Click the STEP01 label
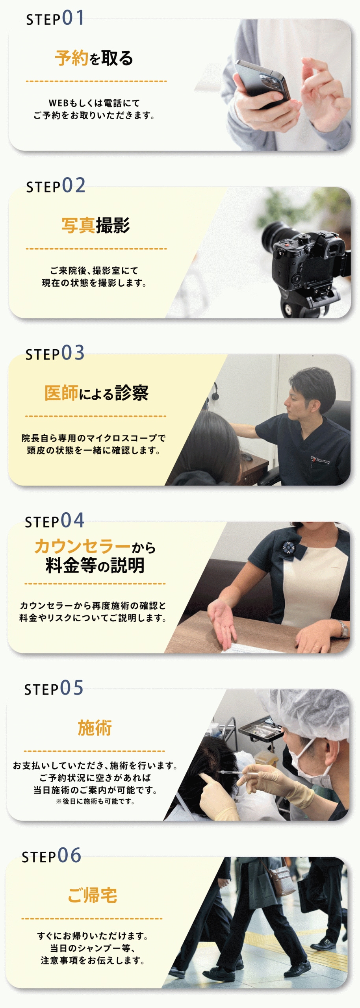pos(55,18)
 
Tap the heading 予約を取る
pos(94,58)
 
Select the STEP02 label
pos(56,185)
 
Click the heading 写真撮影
pos(96,226)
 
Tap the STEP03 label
pos(55,353)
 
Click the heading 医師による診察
pos(96,393)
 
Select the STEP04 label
pos(54,521)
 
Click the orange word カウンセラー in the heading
pos(82,547)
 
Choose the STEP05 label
pos(54,688)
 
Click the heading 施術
pos(95,728)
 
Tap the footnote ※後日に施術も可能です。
pos(95,801)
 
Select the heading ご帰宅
pos(92,895)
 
